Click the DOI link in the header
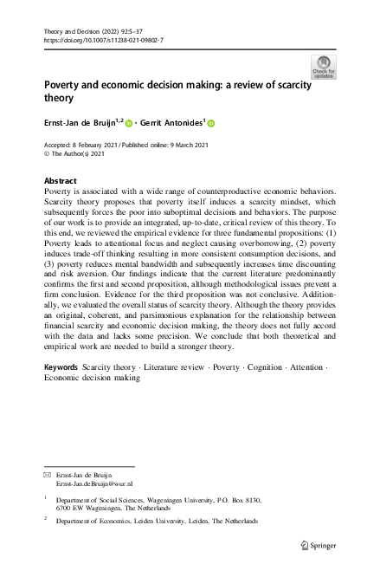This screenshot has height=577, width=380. click(x=103, y=40)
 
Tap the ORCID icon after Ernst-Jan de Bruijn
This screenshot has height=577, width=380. click(x=131, y=123)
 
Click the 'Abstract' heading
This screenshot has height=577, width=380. click(x=61, y=180)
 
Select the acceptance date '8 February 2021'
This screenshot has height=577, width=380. click(x=100, y=145)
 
